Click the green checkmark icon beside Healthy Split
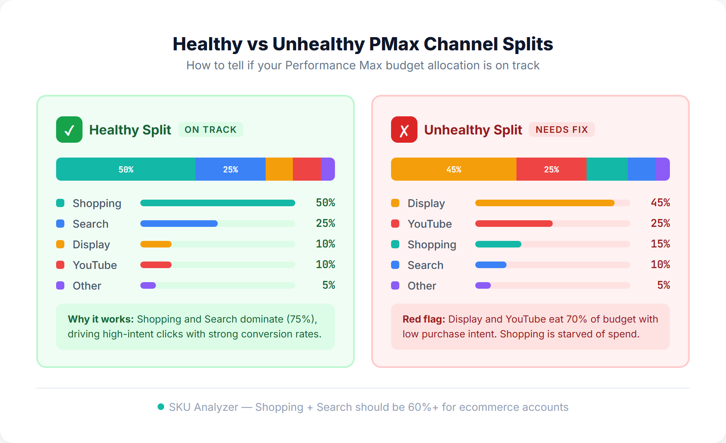[x=69, y=130]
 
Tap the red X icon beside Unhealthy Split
[x=404, y=130]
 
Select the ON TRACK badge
[x=210, y=130]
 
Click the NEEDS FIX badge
[x=561, y=130]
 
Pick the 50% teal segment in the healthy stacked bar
[x=126, y=169]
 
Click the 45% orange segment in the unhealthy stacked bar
[x=453, y=169]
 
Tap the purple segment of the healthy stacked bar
[x=328, y=169]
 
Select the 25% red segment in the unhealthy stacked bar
[x=551, y=169]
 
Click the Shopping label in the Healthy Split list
[x=97, y=203]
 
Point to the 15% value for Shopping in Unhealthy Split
[x=660, y=244]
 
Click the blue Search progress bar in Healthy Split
[x=179, y=224]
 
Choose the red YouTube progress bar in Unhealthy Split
[x=514, y=224]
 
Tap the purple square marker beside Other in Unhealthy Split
[x=395, y=285]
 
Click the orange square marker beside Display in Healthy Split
[x=60, y=244]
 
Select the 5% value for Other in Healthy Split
[x=328, y=285]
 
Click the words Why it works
[x=101, y=319]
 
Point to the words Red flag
[x=424, y=319]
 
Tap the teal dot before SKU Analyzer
[x=161, y=407]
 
